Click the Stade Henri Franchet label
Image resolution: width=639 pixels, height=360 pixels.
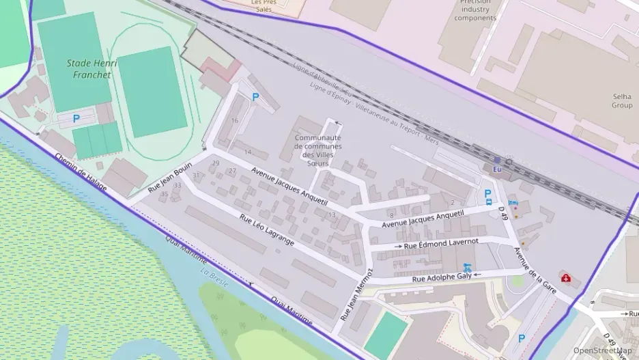(92, 69)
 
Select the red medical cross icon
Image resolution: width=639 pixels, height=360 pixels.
(566, 277)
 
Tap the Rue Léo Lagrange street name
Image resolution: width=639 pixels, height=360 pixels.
(267, 230)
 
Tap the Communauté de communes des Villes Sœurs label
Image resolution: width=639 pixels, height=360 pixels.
(317, 150)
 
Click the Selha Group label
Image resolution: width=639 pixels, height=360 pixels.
(621, 100)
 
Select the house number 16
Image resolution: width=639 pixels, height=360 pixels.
(235, 120)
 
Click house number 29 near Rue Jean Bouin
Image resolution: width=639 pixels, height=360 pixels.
(216, 163)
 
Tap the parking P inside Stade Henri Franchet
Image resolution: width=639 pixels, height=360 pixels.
(76, 118)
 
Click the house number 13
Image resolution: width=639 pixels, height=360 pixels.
(332, 214)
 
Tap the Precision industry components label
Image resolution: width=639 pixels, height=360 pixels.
(475, 10)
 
